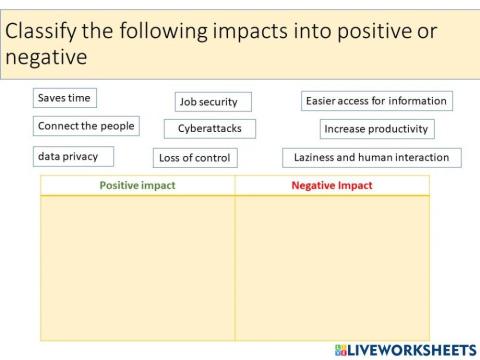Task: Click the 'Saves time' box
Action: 64,98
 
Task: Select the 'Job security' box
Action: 213,101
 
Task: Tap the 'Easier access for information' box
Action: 375,100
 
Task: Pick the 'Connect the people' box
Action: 85,126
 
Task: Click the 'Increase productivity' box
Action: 376,128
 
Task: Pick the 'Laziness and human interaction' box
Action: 371,157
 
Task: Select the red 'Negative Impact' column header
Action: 331,186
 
